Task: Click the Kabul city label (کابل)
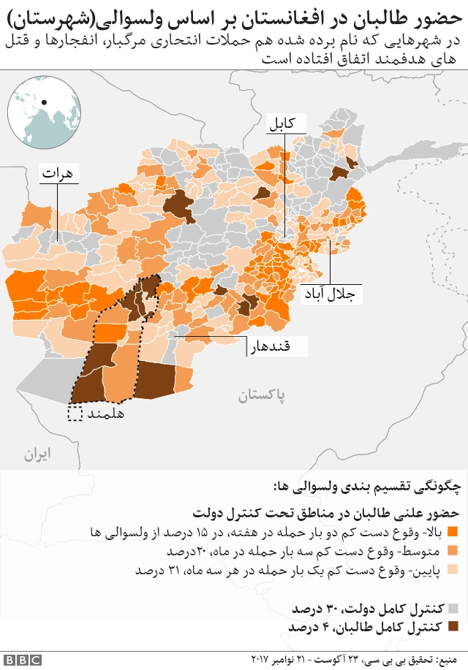click(282, 123)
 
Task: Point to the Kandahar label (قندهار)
click(271, 346)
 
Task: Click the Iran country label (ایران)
click(37, 454)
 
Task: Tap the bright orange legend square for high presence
click(452, 530)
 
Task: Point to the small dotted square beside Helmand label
click(75, 414)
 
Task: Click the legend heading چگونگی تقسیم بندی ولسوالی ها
click(366, 485)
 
